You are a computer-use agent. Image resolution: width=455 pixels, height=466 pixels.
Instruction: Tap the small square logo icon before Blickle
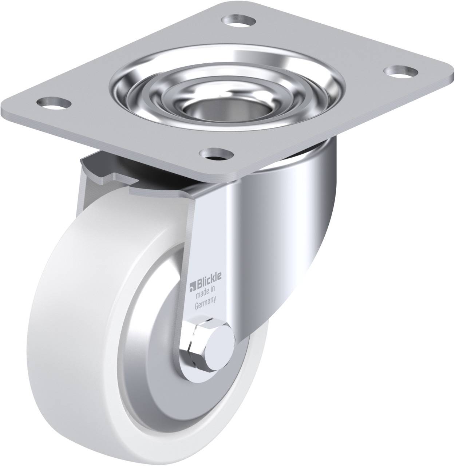[x=192, y=280]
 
